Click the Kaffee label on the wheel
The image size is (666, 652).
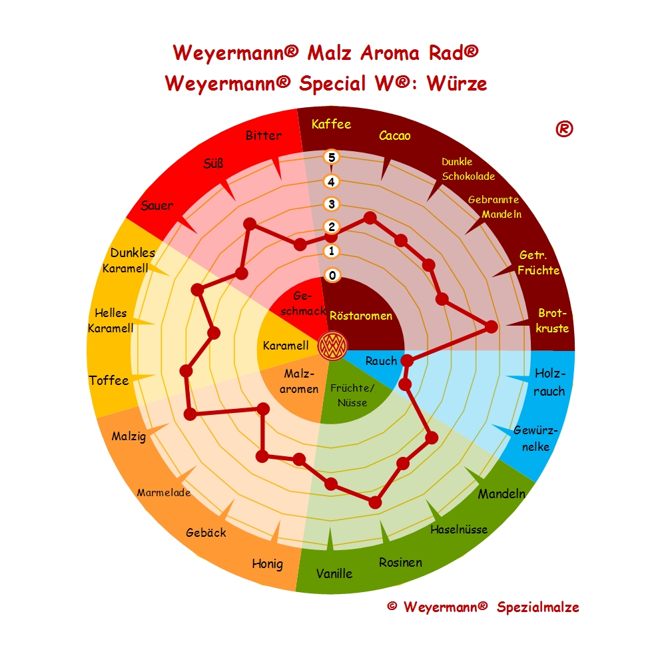(331, 124)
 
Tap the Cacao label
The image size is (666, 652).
(395, 136)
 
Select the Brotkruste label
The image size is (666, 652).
(553, 320)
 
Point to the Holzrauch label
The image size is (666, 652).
(549, 382)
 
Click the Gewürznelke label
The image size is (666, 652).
(535, 438)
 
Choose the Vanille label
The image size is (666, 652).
(334, 573)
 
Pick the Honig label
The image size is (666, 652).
(267, 564)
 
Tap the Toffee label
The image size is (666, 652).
(109, 380)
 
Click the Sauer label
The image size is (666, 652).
(157, 205)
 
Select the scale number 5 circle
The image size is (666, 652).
(332, 157)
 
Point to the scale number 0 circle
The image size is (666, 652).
(332, 275)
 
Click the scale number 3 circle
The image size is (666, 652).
(332, 204)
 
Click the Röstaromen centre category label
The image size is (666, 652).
(361, 316)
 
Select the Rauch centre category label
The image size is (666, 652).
(381, 361)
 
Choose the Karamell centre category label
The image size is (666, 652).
(286, 346)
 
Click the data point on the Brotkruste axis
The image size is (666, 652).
(491, 326)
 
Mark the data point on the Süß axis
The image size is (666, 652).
(250, 224)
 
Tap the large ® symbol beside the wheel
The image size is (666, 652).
(564, 129)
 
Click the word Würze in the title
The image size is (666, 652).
(458, 84)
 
